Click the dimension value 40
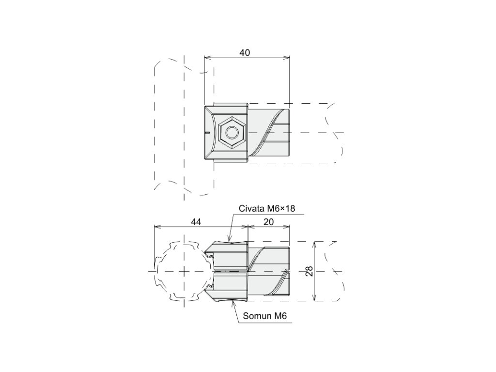click(245, 53)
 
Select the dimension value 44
click(196, 222)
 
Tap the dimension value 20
click(269, 222)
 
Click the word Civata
click(251, 208)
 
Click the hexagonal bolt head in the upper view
click(232, 132)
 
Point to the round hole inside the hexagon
click(232, 132)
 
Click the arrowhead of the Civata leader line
click(230, 240)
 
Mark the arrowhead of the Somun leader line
click(232, 302)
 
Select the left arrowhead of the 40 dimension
click(206, 58)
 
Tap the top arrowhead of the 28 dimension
click(315, 243)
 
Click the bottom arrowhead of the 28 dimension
click(315, 299)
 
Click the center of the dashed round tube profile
click(184, 271)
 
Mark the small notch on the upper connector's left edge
click(206, 132)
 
